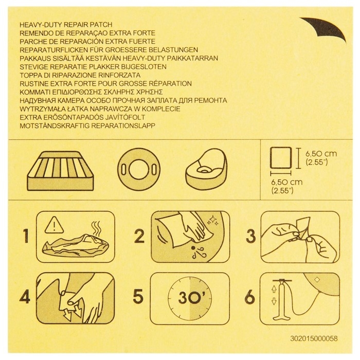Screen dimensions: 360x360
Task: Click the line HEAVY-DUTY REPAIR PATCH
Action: click(66, 25)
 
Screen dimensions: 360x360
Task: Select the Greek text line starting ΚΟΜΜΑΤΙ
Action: click(91, 92)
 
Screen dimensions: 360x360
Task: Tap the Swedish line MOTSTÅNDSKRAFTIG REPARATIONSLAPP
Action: click(87, 126)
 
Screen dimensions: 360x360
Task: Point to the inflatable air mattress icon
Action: click(60, 171)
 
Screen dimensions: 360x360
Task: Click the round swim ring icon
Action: click(139, 170)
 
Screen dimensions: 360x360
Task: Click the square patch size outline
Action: click(281, 158)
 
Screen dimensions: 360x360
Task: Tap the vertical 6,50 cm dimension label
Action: click(321, 158)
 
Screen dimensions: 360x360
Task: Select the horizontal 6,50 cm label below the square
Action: click(287, 186)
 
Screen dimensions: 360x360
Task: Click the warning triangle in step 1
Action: click(54, 225)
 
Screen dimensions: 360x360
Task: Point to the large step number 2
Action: click(139, 236)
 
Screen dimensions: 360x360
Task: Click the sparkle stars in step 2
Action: click(213, 220)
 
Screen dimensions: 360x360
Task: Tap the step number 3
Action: click(250, 236)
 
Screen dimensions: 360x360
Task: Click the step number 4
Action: click(25, 297)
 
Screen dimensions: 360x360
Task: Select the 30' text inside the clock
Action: click(189, 297)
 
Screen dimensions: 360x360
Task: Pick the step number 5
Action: click(138, 296)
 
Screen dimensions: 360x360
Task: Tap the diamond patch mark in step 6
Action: click(317, 280)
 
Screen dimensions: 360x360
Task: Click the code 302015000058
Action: click(314, 338)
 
